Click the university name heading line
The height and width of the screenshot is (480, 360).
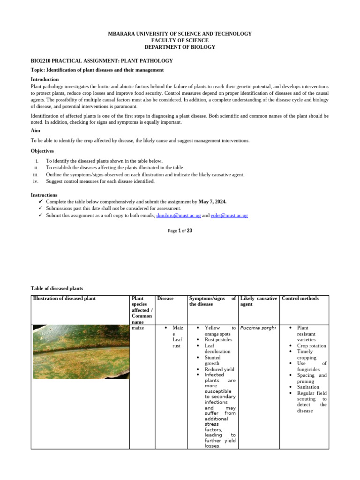click(x=180, y=34)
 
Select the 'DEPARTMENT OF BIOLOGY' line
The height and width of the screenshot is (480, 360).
click(x=180, y=47)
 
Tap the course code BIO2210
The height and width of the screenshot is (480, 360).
click(x=43, y=61)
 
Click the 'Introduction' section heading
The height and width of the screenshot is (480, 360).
click(x=45, y=79)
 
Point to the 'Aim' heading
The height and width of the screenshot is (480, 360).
click(x=36, y=131)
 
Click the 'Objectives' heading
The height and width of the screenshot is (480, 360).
click(x=42, y=151)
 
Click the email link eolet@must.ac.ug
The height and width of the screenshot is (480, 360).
click(x=229, y=215)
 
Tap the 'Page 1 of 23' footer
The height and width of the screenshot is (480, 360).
click(x=180, y=231)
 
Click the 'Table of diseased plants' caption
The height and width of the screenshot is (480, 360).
click(x=57, y=288)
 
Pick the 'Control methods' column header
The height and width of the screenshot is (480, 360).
click(x=300, y=299)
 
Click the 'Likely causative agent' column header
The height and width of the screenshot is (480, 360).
click(x=258, y=301)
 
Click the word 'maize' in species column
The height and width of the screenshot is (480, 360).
click(x=139, y=328)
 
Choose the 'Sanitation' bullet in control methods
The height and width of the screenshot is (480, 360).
click(x=308, y=387)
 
